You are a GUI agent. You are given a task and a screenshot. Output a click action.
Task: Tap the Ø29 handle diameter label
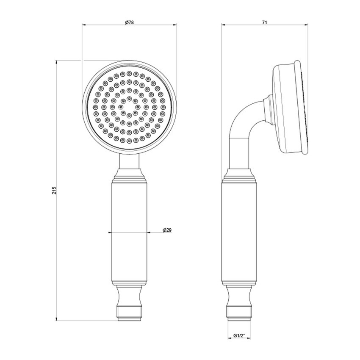tap(166, 230)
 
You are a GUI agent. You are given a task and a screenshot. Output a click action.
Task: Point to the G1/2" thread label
tap(240, 335)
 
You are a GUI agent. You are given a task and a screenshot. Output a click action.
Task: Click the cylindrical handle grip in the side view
tap(240, 233)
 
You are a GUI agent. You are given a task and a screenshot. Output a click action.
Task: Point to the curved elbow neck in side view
tap(244, 123)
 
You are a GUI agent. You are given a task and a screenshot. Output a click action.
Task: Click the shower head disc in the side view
tap(288, 108)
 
